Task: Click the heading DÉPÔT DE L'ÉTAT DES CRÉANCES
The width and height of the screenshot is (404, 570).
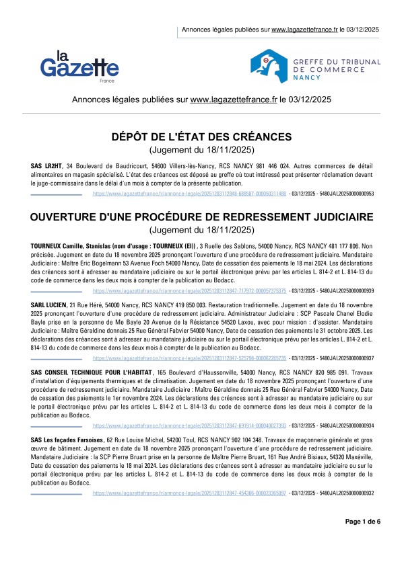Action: coord(201,136)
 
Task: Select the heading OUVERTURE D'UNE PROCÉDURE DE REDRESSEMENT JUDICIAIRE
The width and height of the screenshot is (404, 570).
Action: coord(201,217)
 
